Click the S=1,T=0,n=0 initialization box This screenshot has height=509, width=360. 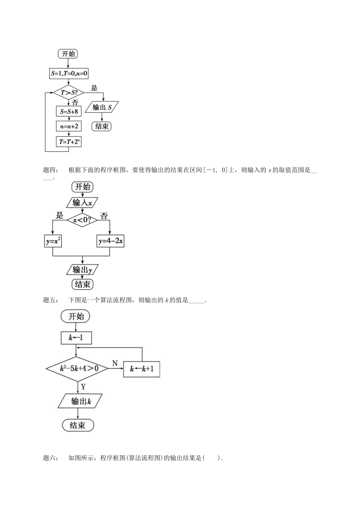pyautogui.click(x=69, y=74)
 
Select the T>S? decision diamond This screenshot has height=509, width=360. pyautogui.click(x=69, y=92)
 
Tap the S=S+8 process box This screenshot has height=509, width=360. pyautogui.click(x=69, y=111)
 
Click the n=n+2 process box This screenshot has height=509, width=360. pyautogui.click(x=69, y=126)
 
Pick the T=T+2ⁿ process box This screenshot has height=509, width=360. pyautogui.click(x=69, y=142)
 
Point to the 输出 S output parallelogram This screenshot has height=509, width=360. pyautogui.click(x=102, y=108)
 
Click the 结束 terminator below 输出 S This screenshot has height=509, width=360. pyautogui.click(x=102, y=126)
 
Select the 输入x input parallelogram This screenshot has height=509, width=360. pyautogui.click(x=82, y=203)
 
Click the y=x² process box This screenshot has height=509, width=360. pyautogui.click(x=53, y=241)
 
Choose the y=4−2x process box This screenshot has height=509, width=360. pyautogui.click(x=110, y=241)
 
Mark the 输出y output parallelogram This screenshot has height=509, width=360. pyautogui.click(x=82, y=270)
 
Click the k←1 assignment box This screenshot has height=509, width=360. pyautogui.click(x=76, y=338)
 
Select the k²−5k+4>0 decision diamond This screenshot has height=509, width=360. pyautogui.click(x=77, y=368)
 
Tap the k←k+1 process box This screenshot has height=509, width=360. pyautogui.click(x=142, y=368)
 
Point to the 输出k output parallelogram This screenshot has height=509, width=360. pyautogui.click(x=81, y=401)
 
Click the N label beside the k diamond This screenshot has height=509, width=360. pyautogui.click(x=115, y=364)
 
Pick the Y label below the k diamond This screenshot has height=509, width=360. pyautogui.click(x=83, y=387)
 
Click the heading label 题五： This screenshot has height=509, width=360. pyautogui.click(x=51, y=300)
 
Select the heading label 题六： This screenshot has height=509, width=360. pyautogui.click(x=51, y=458)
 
